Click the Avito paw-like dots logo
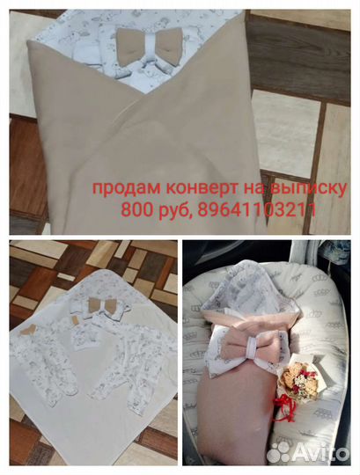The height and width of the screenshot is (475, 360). coord(281,451)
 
